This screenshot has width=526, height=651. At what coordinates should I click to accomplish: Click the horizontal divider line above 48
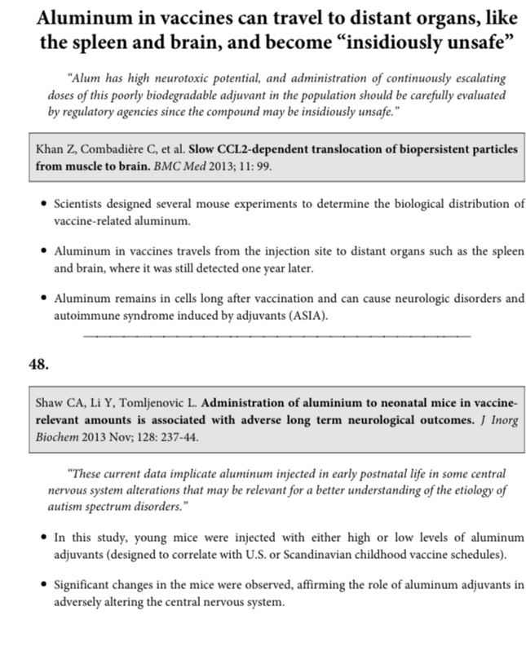(277, 335)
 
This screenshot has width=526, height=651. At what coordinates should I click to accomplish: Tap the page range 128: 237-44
(165, 434)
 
